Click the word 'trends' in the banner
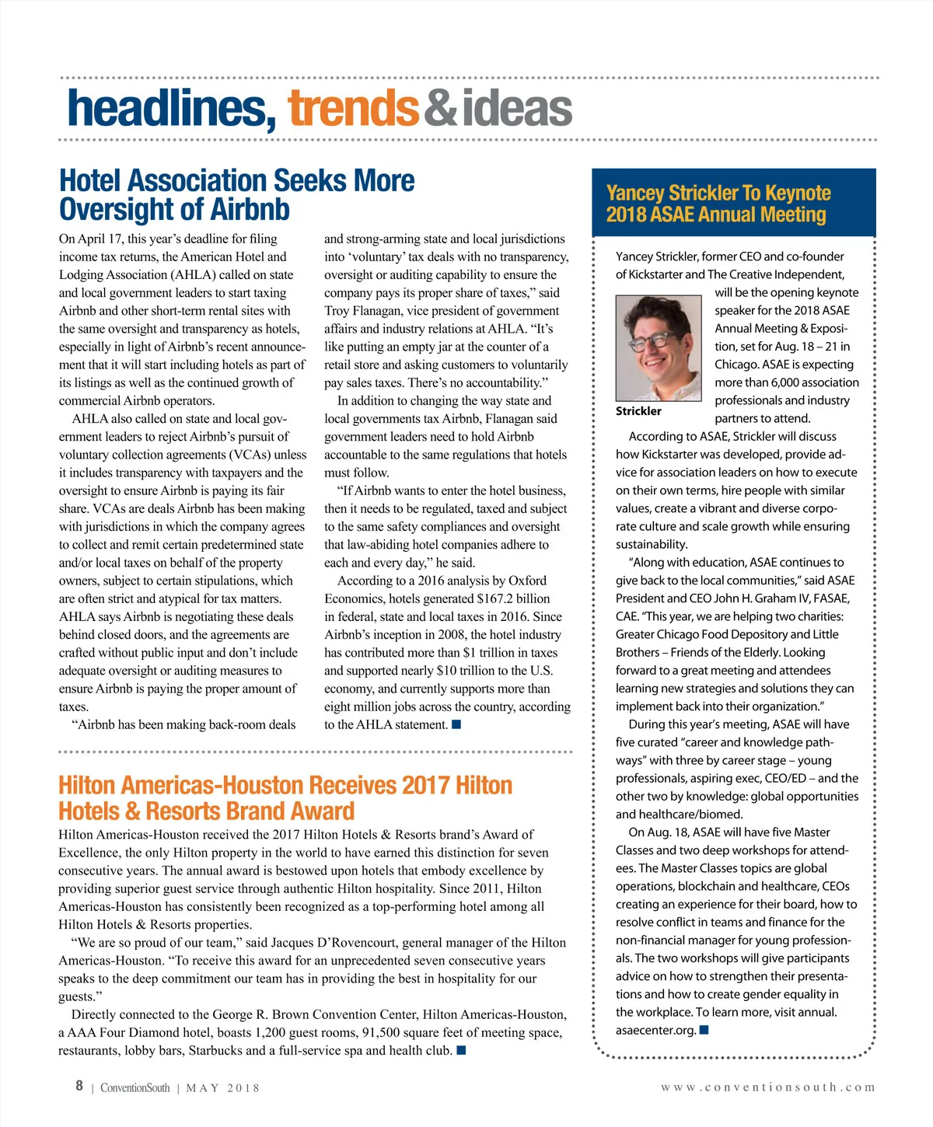354,109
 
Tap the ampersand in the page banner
441,109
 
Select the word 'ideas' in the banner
517,109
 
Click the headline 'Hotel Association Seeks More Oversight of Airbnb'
237,195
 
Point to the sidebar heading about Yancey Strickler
718,204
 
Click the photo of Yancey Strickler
659,347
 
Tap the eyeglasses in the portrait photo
653,340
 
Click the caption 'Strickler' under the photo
638,411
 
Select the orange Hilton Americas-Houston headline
285,798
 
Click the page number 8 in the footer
79,1086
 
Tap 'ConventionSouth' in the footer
135,1088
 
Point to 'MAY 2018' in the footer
222,1088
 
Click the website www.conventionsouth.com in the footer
768,1087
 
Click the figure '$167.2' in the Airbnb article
493,598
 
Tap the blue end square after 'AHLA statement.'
456,724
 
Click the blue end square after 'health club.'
461,1051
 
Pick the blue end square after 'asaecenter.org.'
704,1030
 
